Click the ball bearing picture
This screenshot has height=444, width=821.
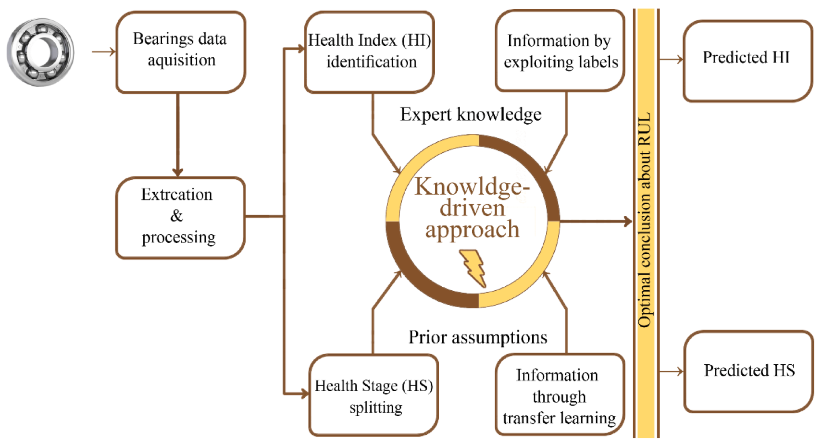pos(41,52)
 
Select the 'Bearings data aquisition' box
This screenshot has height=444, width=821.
pos(180,52)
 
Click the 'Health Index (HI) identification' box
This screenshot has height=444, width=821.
pos(369,52)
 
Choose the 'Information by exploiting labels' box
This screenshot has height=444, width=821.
pos(560,51)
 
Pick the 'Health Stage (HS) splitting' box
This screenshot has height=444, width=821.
pos(374,395)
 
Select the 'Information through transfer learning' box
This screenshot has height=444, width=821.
pos(559,395)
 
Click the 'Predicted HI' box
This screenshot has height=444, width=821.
pos(747,61)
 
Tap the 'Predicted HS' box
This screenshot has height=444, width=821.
pos(748,371)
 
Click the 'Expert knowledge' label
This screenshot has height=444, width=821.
pos(470,115)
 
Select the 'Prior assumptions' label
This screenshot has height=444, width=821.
pos(478,337)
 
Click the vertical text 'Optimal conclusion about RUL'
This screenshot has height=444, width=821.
pos(645,220)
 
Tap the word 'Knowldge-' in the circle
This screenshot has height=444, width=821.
pos(471,187)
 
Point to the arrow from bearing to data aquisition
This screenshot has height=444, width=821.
pos(104,52)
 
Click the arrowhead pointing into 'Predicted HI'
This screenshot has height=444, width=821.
pos(679,59)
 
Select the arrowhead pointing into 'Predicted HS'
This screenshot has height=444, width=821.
pos(679,372)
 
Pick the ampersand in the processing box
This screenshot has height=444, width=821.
pos(176,216)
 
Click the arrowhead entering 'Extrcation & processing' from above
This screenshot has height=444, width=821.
pos(178,172)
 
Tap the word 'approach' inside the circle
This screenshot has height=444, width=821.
pos(472,230)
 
